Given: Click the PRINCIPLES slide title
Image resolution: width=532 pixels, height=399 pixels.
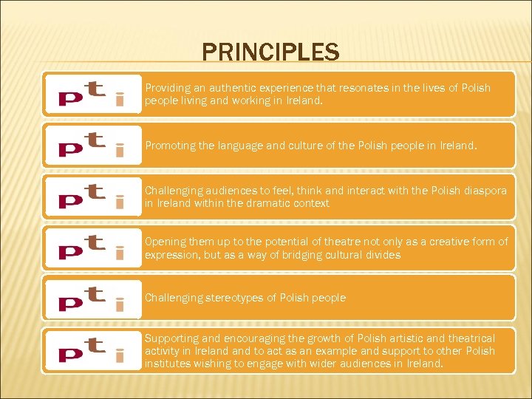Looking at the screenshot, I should point(270,52).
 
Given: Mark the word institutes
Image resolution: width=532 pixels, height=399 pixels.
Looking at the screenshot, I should point(169,364).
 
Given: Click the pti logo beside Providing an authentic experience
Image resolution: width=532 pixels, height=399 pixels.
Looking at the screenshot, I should point(92,94).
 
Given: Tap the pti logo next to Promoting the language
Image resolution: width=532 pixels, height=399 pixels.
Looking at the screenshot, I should point(92,146).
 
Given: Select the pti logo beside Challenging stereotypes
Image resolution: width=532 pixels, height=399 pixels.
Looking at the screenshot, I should point(92,298).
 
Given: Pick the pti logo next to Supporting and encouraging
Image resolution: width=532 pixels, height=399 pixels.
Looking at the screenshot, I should point(92,351).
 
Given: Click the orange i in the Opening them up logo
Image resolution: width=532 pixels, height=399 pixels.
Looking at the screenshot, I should point(119,249).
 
